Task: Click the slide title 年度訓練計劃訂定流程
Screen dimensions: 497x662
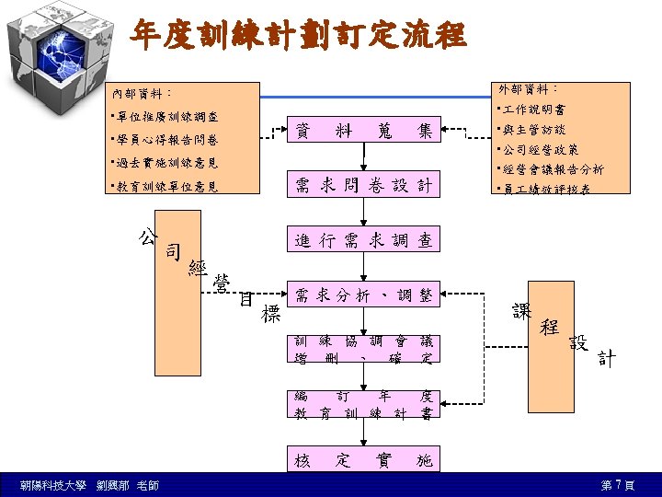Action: click(x=298, y=36)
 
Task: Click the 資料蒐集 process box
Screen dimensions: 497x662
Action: click(x=363, y=132)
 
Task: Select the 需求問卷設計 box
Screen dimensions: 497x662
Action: click(x=363, y=186)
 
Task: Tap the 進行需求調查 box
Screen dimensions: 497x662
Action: click(x=363, y=240)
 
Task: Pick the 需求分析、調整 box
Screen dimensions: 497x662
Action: click(x=363, y=295)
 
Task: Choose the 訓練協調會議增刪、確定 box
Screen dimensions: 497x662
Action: click(x=363, y=349)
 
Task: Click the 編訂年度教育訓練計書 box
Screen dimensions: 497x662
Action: click(x=363, y=404)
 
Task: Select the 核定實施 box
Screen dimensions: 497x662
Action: click(x=363, y=459)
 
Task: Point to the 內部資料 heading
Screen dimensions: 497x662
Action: click(x=142, y=94)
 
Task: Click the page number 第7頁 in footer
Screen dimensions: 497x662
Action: click(x=617, y=485)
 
